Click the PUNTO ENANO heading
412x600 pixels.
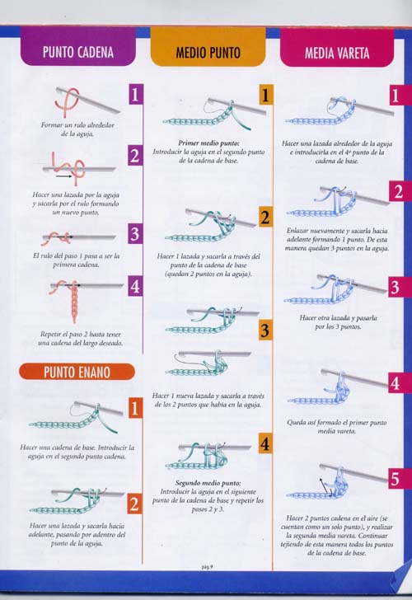click(x=77, y=372)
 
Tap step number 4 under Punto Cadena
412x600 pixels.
click(x=135, y=288)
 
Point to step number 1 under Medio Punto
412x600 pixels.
click(x=265, y=96)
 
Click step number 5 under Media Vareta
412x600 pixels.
click(x=396, y=478)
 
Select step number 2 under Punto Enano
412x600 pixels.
click(x=135, y=504)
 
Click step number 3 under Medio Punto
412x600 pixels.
click(x=265, y=330)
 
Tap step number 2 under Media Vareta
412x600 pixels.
click(x=397, y=192)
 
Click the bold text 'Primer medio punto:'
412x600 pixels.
click(x=208, y=143)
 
